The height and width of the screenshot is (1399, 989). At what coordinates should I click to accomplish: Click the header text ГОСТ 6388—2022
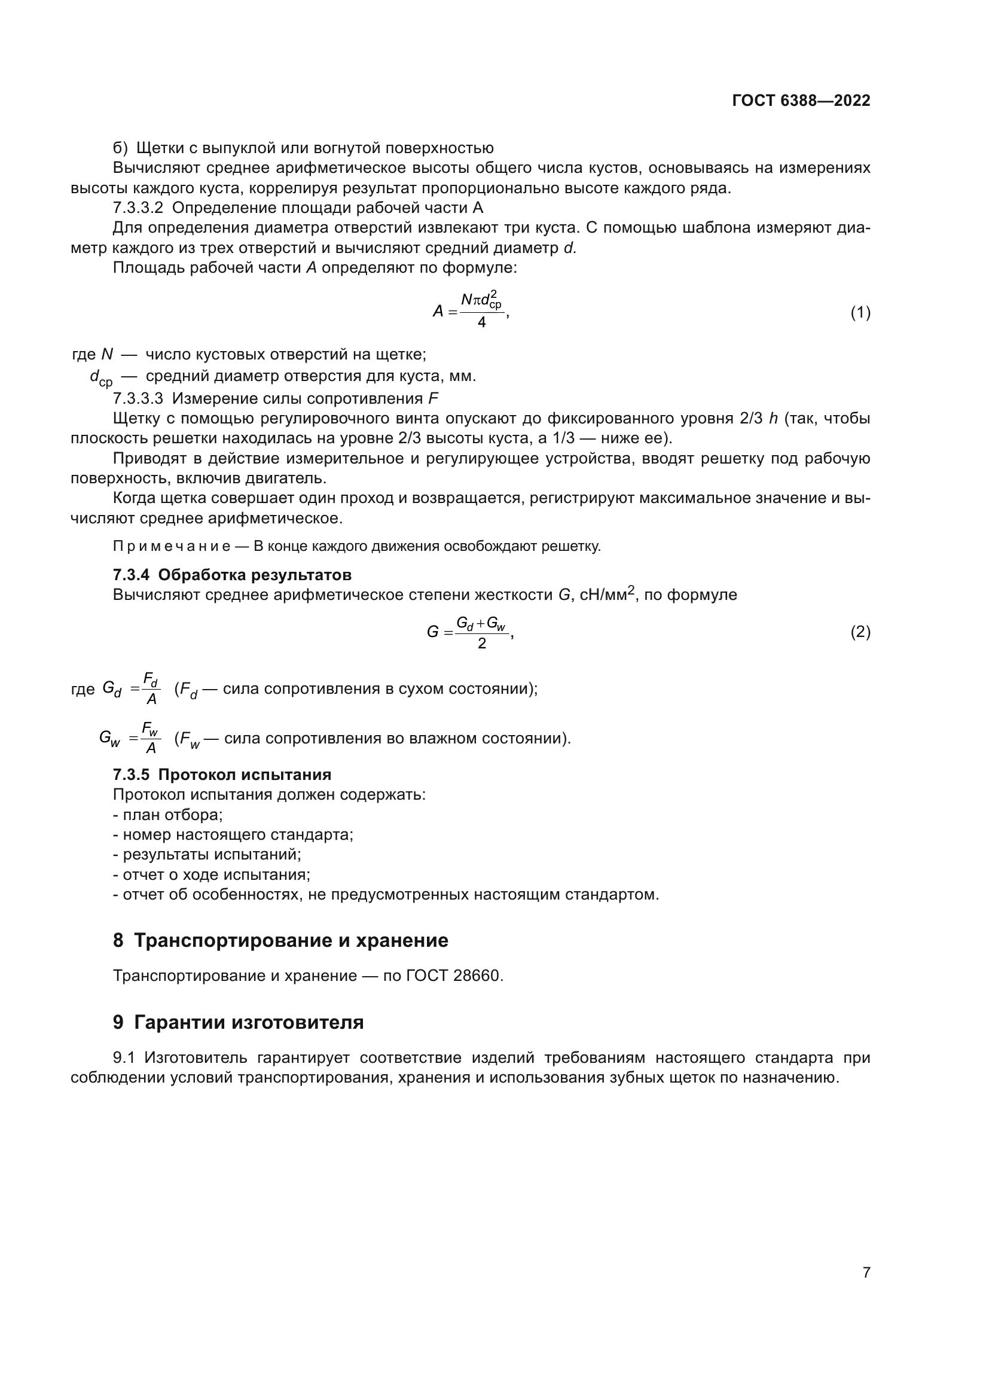pyautogui.click(x=801, y=101)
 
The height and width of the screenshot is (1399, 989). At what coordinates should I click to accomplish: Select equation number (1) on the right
pyautogui.click(x=860, y=313)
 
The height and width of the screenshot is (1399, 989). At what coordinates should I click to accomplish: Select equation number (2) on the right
pyautogui.click(x=860, y=632)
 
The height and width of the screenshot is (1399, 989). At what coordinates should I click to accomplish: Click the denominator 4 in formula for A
pyautogui.click(x=481, y=323)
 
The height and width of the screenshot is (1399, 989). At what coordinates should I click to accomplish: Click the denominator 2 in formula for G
pyautogui.click(x=481, y=644)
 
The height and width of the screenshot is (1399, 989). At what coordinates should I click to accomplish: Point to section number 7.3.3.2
pyautogui.click(x=138, y=208)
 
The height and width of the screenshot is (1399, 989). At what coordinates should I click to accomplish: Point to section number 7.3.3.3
pyautogui.click(x=138, y=398)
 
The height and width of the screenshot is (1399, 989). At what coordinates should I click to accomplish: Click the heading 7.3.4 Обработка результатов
pyautogui.click(x=232, y=575)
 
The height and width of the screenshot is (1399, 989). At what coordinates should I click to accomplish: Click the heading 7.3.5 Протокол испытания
pyautogui.click(x=222, y=775)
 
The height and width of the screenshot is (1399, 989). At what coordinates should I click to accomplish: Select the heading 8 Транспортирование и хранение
pyautogui.click(x=280, y=940)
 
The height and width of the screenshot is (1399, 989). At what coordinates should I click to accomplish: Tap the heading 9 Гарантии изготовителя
pyautogui.click(x=238, y=1022)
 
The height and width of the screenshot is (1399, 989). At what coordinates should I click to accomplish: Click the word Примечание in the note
pyautogui.click(x=171, y=546)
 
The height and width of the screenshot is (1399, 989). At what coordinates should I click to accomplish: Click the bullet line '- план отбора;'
pyautogui.click(x=167, y=815)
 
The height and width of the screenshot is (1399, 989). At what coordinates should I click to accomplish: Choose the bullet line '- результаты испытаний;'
pyautogui.click(x=206, y=854)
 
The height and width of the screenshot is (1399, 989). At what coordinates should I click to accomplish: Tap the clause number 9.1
pyautogui.click(x=125, y=1057)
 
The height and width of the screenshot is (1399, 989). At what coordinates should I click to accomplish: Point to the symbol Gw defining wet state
pyautogui.click(x=109, y=739)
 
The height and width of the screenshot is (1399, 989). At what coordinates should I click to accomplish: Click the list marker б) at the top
pyautogui.click(x=120, y=148)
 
